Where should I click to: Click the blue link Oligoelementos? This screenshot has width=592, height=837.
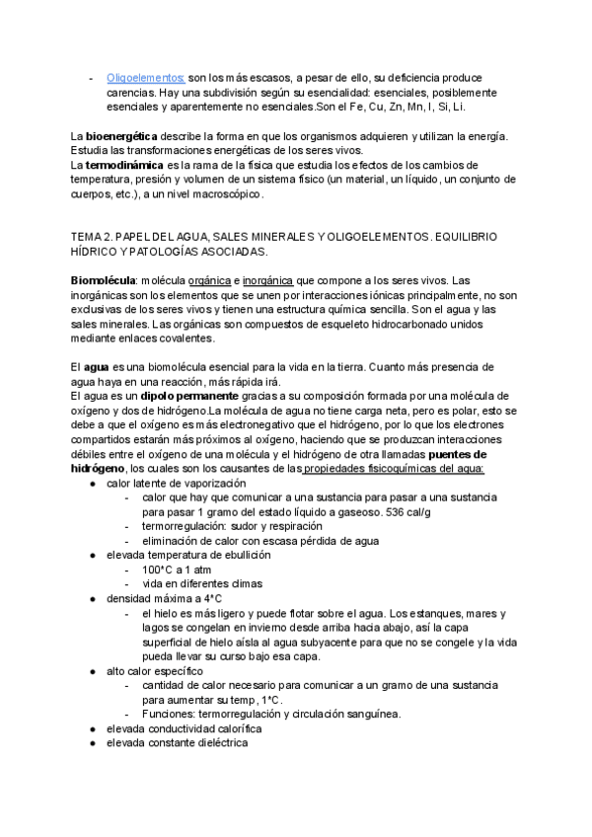pyautogui.click(x=145, y=77)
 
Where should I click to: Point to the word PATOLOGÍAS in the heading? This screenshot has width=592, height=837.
pyautogui.click(x=159, y=253)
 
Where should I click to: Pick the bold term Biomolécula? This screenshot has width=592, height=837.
pyautogui.click(x=103, y=281)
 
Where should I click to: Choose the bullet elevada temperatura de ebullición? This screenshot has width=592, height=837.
pyautogui.click(x=188, y=556)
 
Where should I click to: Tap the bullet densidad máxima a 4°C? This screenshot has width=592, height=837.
pyautogui.click(x=164, y=598)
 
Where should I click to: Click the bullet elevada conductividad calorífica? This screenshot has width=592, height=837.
pyautogui.click(x=184, y=727)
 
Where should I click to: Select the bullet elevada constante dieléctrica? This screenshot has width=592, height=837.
pyautogui.click(x=178, y=742)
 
